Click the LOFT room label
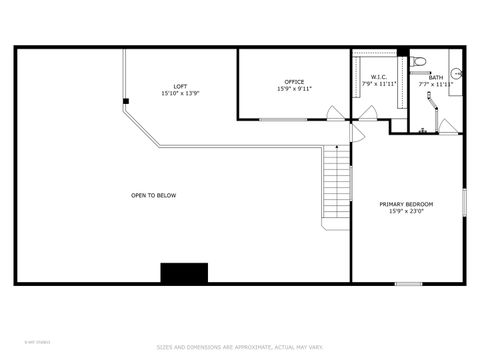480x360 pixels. [x=180, y=86]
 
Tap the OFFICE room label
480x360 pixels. [x=294, y=82]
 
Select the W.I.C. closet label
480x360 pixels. [x=379, y=77]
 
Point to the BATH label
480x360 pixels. [x=436, y=77]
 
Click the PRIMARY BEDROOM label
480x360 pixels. [x=406, y=204]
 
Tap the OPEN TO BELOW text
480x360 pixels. [x=153, y=195]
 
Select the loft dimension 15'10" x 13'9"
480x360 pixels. [x=180, y=93]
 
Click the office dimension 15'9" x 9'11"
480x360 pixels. [x=294, y=89]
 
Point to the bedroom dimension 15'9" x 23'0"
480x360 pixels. [x=406, y=211]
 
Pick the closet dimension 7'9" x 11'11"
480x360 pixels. [x=379, y=84]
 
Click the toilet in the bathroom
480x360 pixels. [x=420, y=62]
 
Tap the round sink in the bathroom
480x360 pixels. [x=456, y=72]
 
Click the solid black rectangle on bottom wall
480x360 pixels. [x=184, y=273]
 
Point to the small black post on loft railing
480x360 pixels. [x=126, y=101]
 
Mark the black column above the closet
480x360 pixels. [x=402, y=52]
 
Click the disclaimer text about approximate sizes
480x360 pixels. [x=240, y=347]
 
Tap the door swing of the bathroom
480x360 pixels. [x=448, y=126]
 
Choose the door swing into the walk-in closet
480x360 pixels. [x=368, y=113]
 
